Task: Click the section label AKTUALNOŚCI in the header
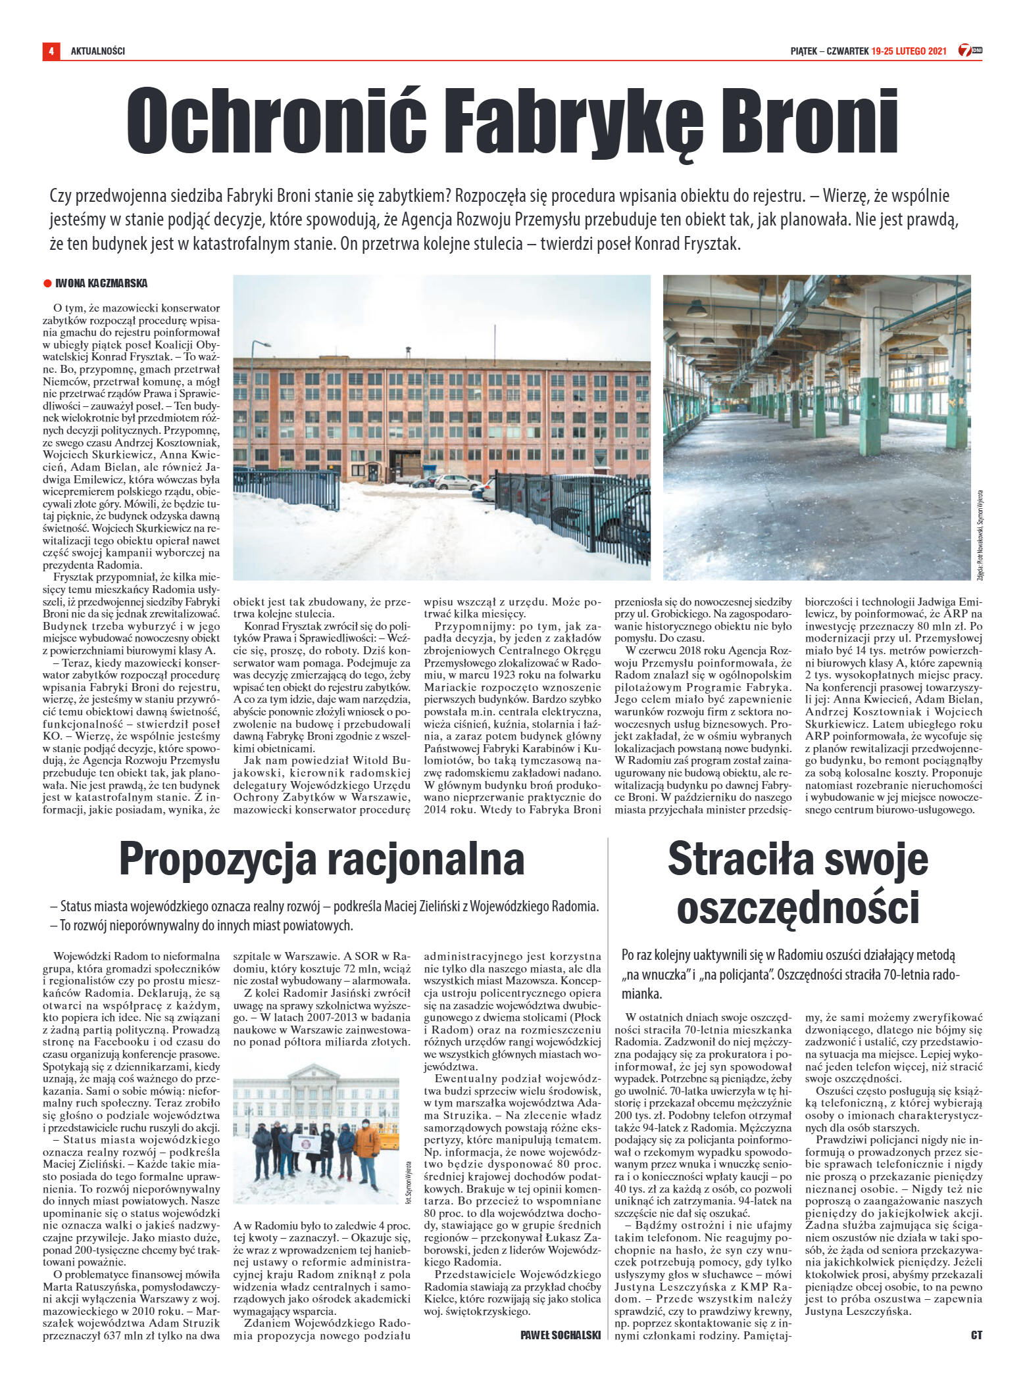pyautogui.click(x=98, y=51)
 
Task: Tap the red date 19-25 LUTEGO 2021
pyautogui.click(x=908, y=51)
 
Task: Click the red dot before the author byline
pyautogui.click(x=47, y=284)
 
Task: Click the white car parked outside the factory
pyautogui.click(x=456, y=482)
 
